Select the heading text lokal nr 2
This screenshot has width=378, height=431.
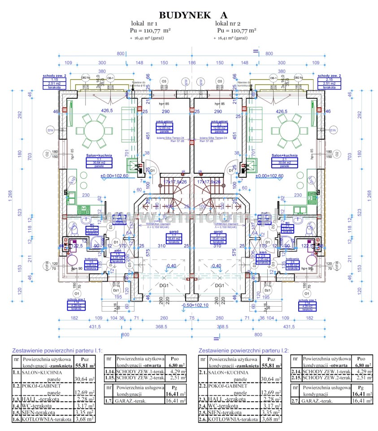227,23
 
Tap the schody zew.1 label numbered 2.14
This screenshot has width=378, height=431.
307,305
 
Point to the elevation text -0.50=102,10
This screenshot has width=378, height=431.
194,306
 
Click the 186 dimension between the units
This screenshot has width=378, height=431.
192,63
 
